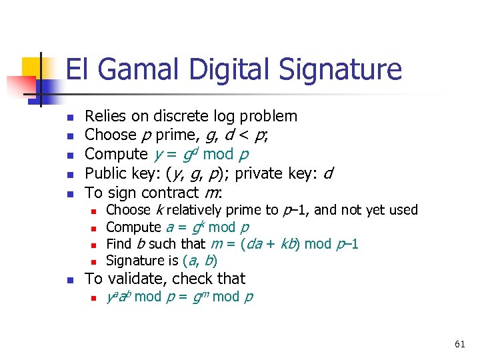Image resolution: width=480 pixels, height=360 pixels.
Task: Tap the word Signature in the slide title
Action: point(336,70)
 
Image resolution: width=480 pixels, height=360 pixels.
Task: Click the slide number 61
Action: point(459,344)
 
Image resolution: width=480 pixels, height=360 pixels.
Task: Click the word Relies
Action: point(105,117)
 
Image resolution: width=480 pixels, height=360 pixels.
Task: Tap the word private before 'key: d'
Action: point(261,174)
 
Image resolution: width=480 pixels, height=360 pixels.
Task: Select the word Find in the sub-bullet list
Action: point(119,243)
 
